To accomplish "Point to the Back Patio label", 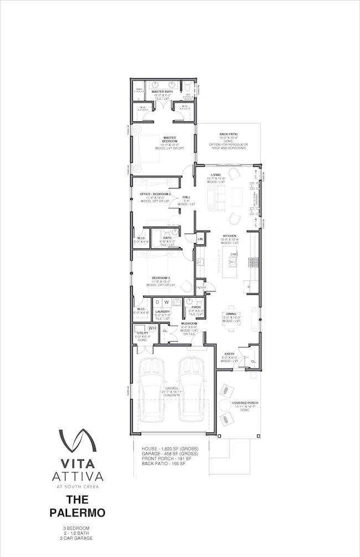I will pyautogui.click(x=228, y=134).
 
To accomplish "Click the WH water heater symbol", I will pyautogui.click(x=152, y=328).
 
